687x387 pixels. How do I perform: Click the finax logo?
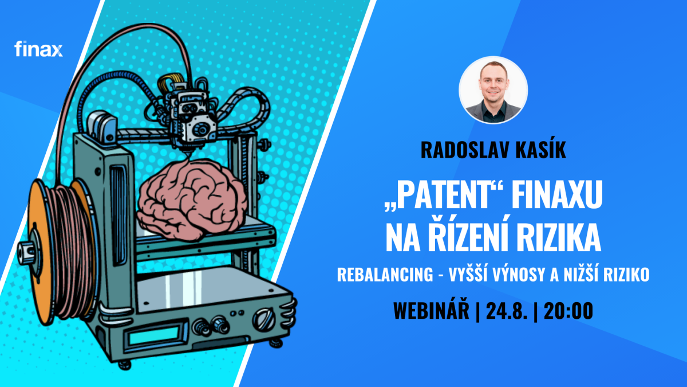tap(38, 49)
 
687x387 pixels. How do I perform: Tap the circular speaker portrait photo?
tap(493, 90)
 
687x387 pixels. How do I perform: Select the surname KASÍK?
tap(540, 150)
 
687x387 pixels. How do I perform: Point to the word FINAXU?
tap(556, 194)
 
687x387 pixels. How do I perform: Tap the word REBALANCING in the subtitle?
tap(385, 274)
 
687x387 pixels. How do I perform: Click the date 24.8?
tap(507, 311)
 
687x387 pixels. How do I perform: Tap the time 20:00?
tap(568, 311)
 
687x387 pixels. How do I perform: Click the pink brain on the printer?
tap(192, 199)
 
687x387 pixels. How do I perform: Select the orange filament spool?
tap(61, 251)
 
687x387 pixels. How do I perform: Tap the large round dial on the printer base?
tap(264, 319)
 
